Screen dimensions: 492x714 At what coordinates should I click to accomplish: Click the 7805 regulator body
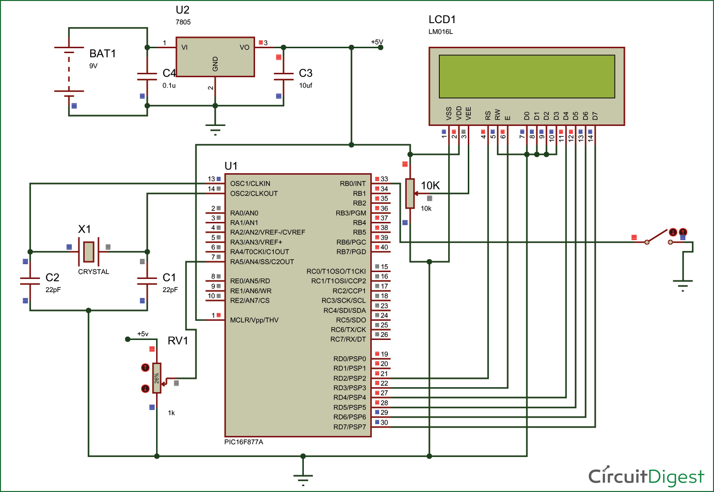215,57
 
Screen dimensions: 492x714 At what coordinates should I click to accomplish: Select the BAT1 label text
102,54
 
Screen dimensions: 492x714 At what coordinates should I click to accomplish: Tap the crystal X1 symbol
89,251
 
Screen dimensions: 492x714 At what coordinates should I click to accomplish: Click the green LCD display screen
526,76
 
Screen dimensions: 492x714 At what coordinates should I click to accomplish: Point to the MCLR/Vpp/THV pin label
254,320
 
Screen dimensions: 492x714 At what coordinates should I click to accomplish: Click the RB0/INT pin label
353,184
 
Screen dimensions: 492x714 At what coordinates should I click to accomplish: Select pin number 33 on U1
384,179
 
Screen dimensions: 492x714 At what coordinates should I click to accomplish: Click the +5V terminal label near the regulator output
377,42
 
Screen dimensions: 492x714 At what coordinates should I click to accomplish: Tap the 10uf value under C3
305,86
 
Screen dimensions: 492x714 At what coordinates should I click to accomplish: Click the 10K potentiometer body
410,193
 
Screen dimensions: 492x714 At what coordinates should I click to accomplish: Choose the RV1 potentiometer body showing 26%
157,378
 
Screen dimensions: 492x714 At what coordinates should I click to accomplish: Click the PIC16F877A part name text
244,442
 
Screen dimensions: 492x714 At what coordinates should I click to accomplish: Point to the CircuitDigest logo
646,476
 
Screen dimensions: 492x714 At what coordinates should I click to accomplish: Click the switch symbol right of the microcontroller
659,237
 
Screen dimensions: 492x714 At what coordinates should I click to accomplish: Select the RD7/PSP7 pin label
350,427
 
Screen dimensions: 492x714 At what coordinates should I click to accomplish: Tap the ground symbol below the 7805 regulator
215,129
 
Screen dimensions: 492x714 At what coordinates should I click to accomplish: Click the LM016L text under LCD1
441,32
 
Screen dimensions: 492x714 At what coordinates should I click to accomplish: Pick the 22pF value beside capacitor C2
53,290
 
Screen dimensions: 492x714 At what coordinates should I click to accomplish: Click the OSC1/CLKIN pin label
250,184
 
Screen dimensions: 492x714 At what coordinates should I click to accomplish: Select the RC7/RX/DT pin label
348,339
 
